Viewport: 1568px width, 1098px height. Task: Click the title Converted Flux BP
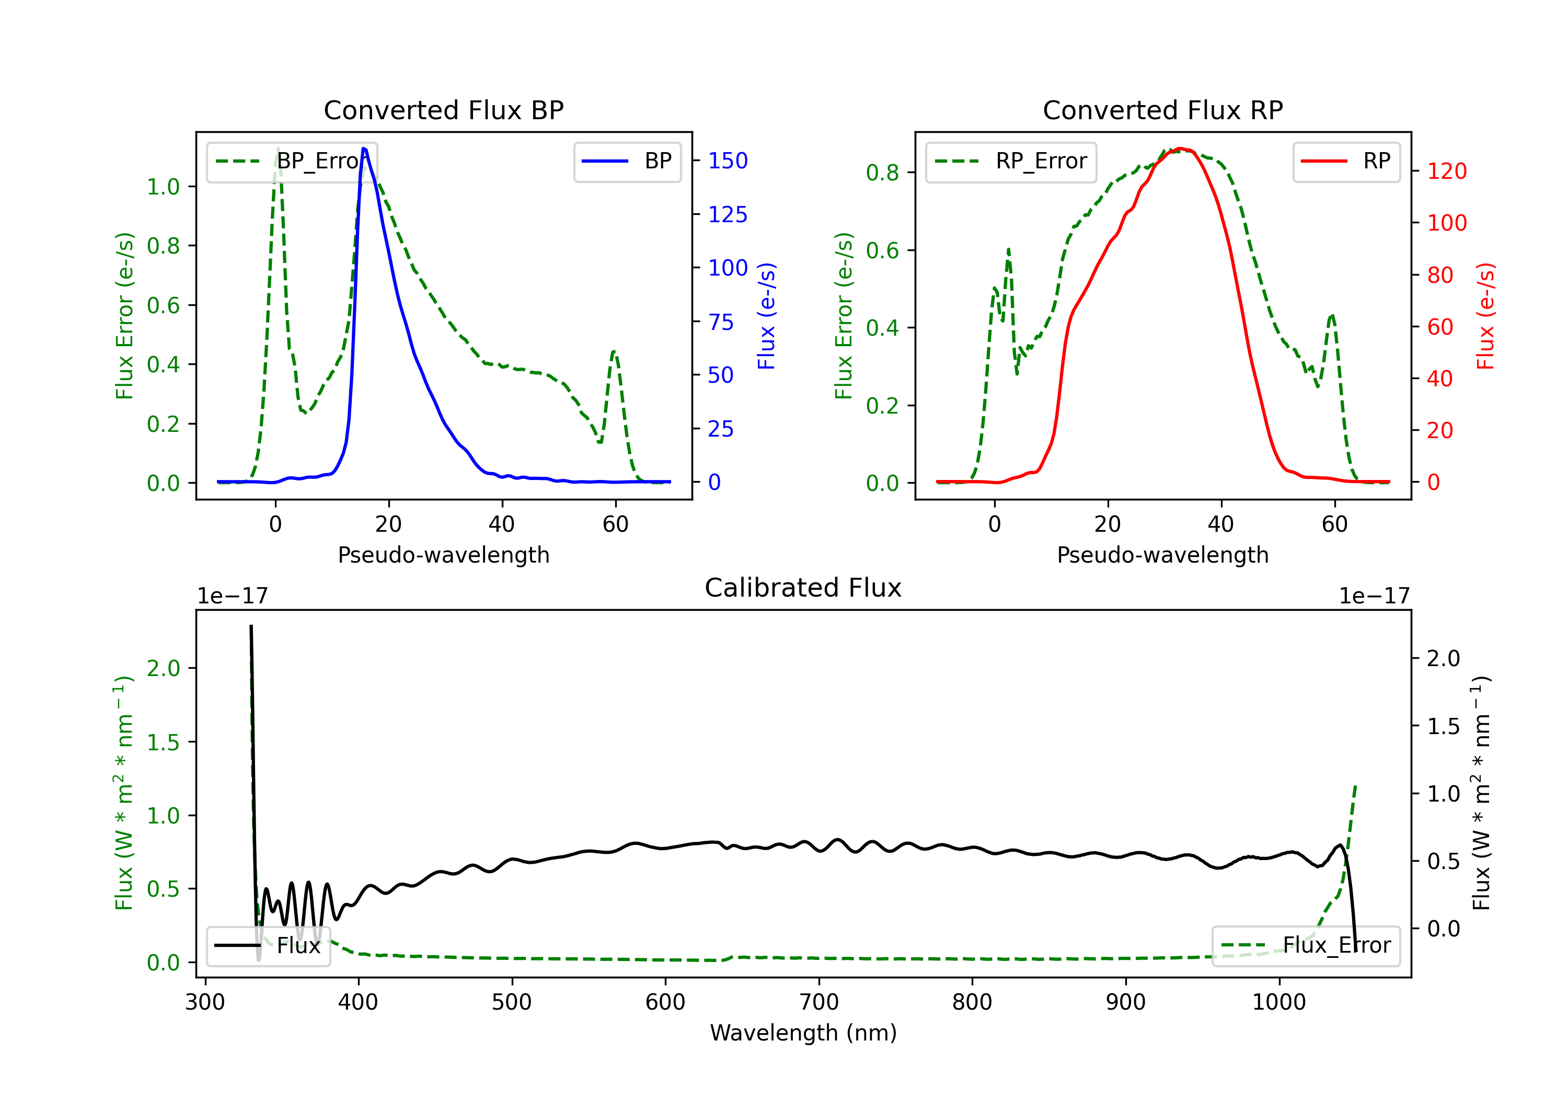click(443, 110)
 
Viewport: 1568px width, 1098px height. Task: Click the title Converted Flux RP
click(1162, 110)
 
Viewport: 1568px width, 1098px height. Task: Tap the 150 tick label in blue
click(728, 161)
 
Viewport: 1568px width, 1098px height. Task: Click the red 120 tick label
click(1446, 171)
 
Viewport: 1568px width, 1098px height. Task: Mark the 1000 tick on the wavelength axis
click(1278, 1002)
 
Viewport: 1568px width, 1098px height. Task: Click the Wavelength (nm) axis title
click(803, 1033)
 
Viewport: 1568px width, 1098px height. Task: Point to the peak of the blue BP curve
click(364, 148)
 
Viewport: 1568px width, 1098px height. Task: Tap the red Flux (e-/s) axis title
click(1485, 316)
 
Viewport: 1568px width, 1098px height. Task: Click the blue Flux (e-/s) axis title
click(766, 316)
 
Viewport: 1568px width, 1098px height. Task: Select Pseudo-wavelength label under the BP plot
click(443, 555)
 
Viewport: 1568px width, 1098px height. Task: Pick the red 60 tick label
click(1439, 327)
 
